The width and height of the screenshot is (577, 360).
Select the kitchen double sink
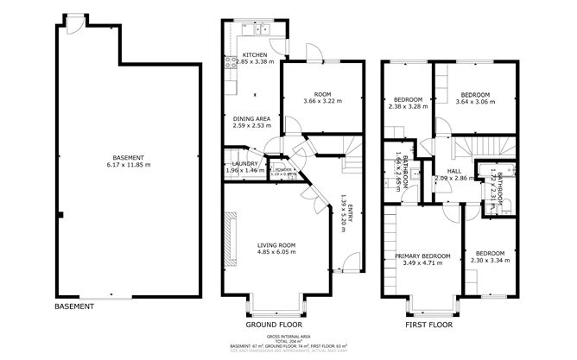pyautogui.click(x=263, y=31)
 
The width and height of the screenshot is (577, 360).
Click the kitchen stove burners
pyautogui.click(x=231, y=62)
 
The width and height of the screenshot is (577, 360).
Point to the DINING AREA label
pyautogui.click(x=252, y=121)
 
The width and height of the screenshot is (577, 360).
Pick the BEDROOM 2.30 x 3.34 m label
pyautogui.click(x=489, y=256)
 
